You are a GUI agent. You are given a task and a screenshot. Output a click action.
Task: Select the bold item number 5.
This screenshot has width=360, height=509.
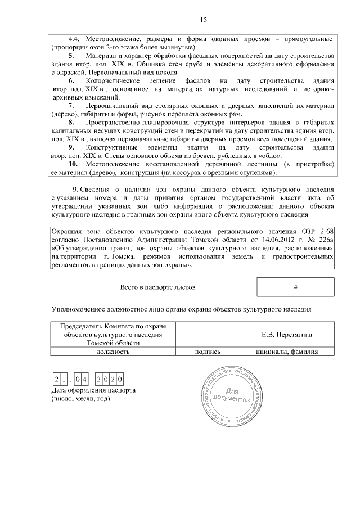click(71, 56)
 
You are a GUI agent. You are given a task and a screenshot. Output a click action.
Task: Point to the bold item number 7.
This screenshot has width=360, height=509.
click(71, 106)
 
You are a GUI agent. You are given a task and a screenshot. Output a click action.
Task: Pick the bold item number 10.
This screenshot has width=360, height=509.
click(73, 164)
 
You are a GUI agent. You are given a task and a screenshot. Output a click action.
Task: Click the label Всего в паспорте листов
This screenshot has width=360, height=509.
click(157, 287)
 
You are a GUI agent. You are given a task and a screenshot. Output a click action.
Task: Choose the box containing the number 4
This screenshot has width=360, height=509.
click(295, 287)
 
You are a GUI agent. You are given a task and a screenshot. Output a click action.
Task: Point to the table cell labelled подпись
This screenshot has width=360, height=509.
click(207, 352)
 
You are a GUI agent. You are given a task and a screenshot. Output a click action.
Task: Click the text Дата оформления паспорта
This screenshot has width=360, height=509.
click(93, 390)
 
